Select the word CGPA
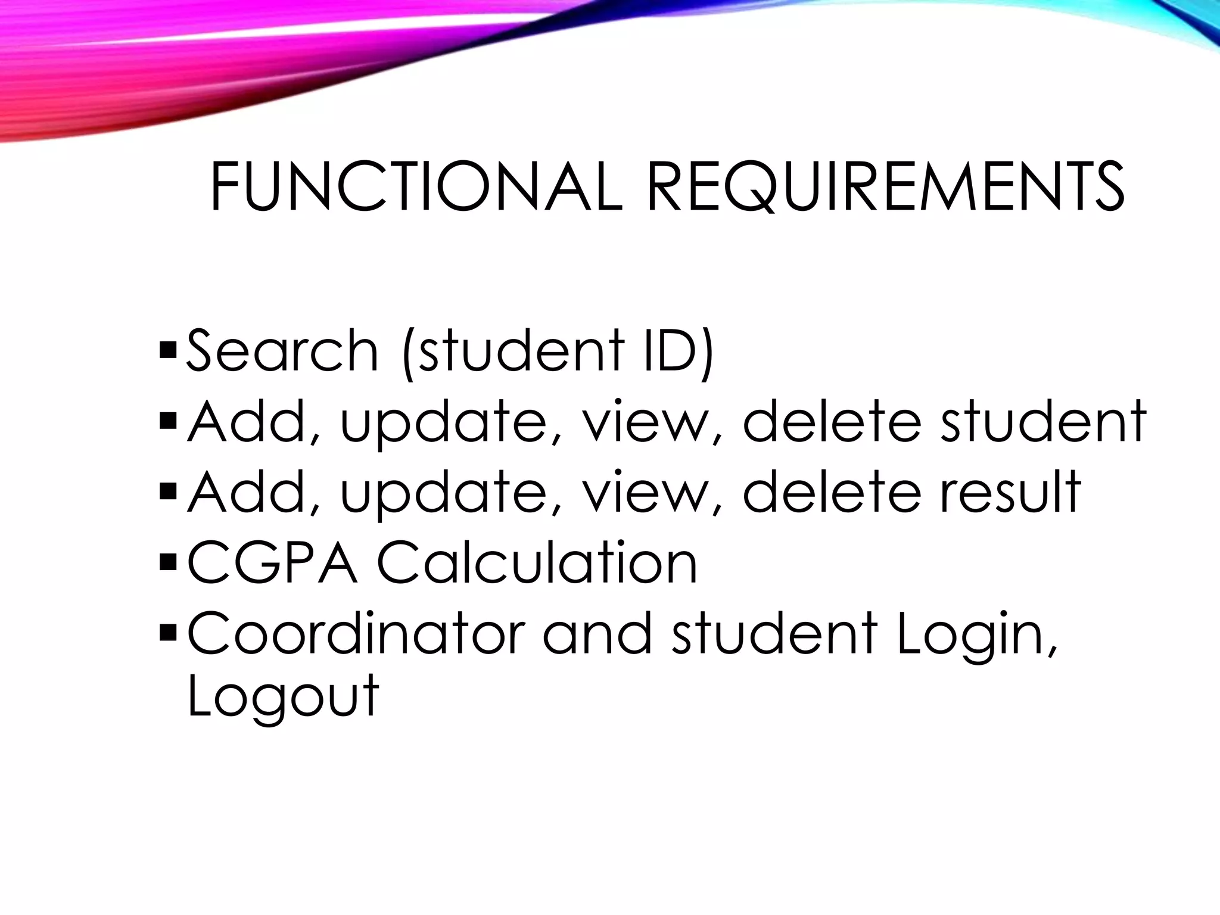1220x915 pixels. coord(273,562)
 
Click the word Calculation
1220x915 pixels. coord(537,562)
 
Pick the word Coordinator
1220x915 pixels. coord(356,633)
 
